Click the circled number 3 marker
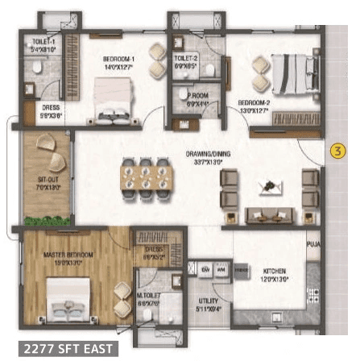pyautogui.click(x=337, y=152)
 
